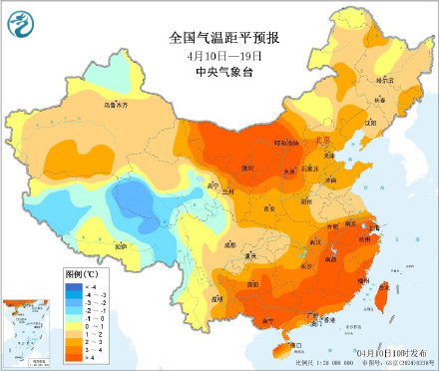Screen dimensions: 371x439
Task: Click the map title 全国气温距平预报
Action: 224,37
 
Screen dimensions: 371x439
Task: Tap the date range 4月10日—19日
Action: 224,54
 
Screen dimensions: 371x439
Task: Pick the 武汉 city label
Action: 316,242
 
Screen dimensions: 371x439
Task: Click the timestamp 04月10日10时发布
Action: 389,353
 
